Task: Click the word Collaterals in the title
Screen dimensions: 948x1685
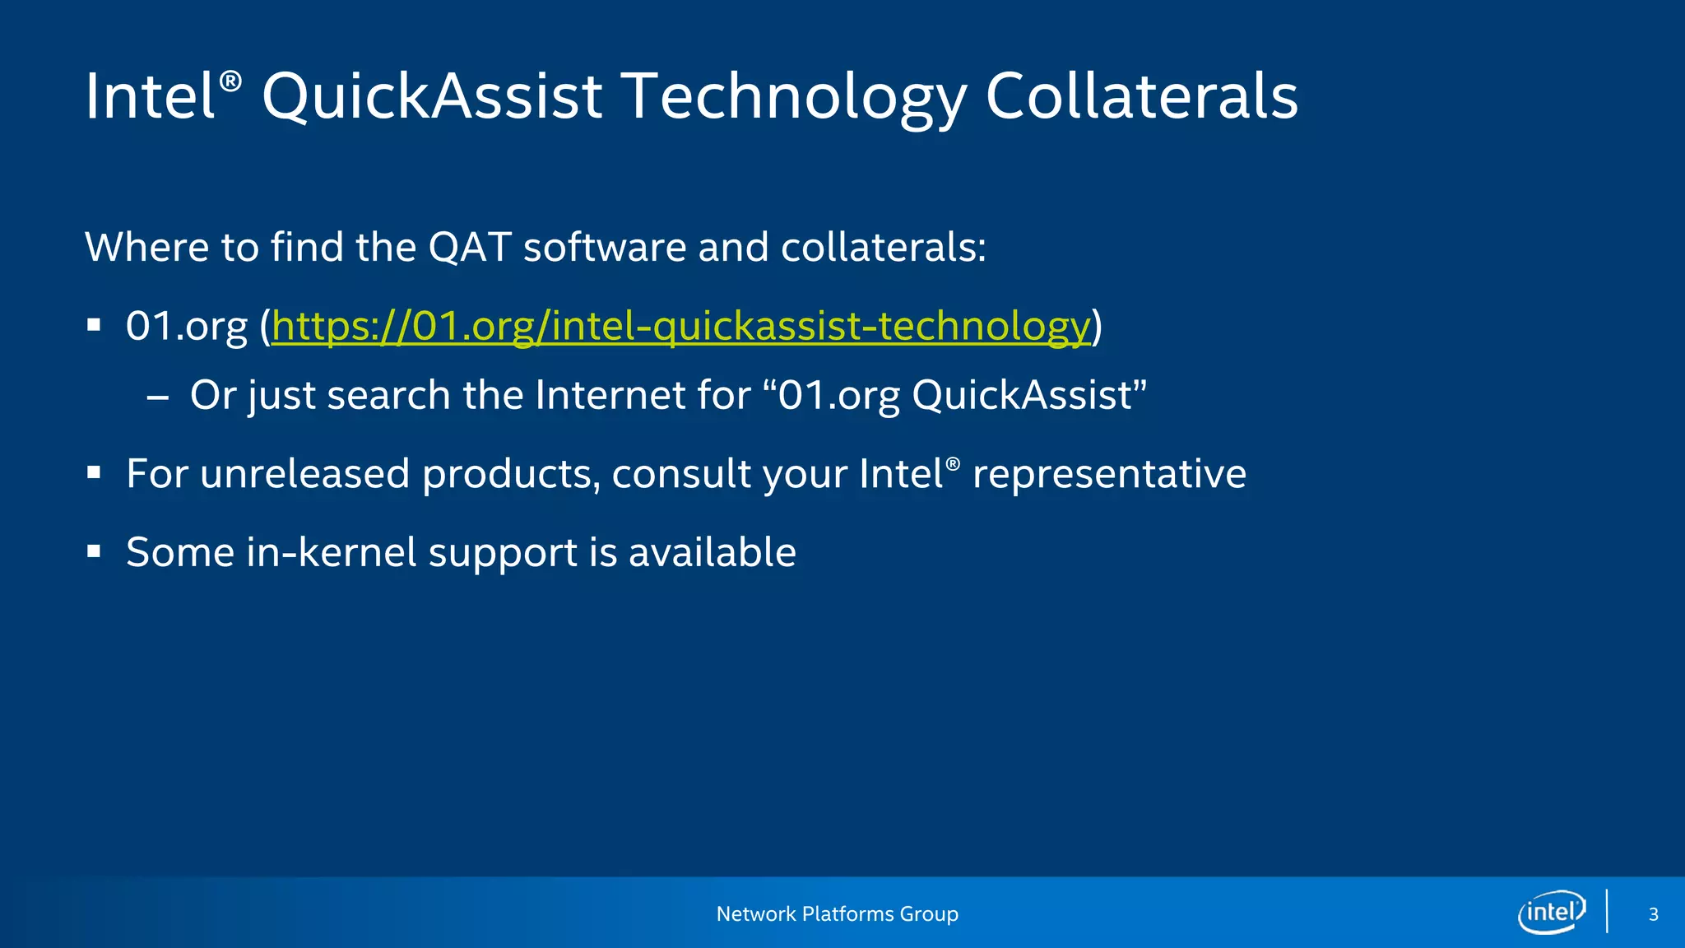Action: [1141, 96]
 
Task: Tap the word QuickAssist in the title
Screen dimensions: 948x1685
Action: [432, 96]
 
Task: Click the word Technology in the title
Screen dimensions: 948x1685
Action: [796, 96]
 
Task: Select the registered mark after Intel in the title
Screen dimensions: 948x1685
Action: [231, 81]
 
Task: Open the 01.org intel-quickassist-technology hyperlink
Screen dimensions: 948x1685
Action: [680, 326]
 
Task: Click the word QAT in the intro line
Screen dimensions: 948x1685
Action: [470, 247]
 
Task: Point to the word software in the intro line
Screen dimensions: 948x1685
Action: [605, 247]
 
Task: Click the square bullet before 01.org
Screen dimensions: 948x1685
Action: [94, 326]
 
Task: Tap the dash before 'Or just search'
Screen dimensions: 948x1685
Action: [157, 397]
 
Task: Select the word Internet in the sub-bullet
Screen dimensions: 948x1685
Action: [610, 395]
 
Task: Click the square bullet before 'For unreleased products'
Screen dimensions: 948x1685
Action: [94, 473]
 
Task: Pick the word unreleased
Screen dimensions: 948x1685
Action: [304, 473]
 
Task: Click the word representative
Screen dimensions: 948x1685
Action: [1109, 473]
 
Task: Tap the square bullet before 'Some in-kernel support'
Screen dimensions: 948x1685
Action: [94, 552]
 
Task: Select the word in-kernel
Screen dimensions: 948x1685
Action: [332, 552]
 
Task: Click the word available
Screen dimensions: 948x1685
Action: [712, 552]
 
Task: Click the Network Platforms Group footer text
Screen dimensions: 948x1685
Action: [837, 914]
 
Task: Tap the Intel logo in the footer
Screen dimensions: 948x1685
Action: [1551, 913]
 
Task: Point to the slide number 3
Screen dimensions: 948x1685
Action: [1653, 914]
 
